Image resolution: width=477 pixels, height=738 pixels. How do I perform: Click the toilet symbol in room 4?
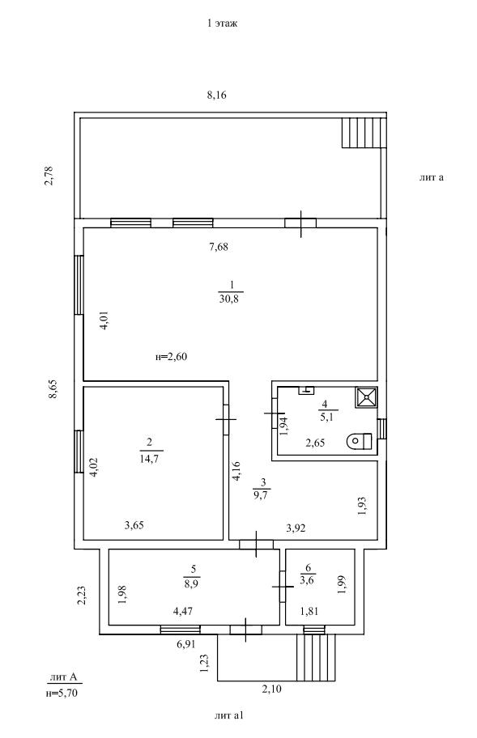pyautogui.click(x=360, y=442)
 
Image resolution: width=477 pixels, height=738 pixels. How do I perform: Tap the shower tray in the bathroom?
pyautogui.click(x=366, y=397)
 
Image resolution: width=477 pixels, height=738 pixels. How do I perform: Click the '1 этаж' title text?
pyautogui.click(x=222, y=23)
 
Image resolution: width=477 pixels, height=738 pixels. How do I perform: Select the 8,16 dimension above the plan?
pyautogui.click(x=216, y=95)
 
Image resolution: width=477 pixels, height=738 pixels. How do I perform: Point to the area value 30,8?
pyautogui.click(x=229, y=299)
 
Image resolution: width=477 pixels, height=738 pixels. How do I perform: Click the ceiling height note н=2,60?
pyautogui.click(x=171, y=357)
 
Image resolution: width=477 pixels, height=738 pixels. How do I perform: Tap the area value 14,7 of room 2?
pyautogui.click(x=149, y=459)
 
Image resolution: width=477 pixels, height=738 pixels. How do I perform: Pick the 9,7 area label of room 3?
pyautogui.click(x=262, y=494)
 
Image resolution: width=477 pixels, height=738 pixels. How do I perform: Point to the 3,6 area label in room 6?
pyautogui.click(x=308, y=580)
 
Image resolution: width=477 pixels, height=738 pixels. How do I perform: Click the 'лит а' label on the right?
pyautogui.click(x=432, y=177)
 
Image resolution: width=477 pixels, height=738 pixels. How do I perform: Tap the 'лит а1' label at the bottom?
pyautogui.click(x=229, y=716)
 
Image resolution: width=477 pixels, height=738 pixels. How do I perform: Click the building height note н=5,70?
pyautogui.click(x=62, y=693)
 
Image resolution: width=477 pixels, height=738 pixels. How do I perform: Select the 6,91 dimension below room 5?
pyautogui.click(x=186, y=644)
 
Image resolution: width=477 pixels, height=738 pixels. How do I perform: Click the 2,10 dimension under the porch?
pyautogui.click(x=271, y=689)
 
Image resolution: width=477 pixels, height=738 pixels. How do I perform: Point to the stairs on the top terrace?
pyautogui.click(x=364, y=133)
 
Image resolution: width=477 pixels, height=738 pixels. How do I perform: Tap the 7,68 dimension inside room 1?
pyautogui.click(x=219, y=246)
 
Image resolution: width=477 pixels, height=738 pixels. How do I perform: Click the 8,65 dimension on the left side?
pyautogui.click(x=53, y=389)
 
